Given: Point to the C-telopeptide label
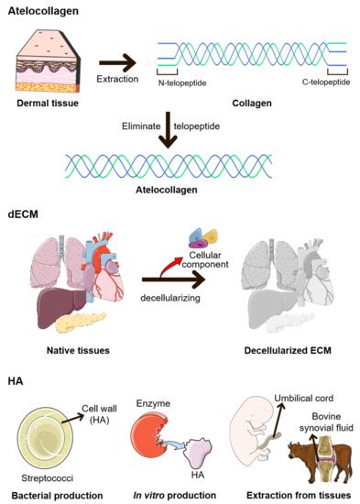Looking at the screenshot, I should (325, 81).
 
